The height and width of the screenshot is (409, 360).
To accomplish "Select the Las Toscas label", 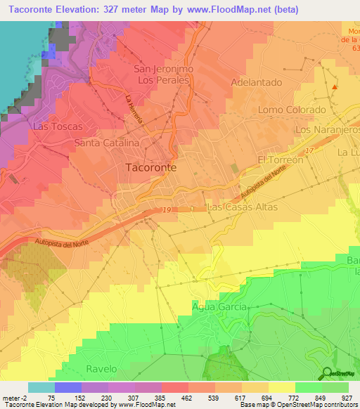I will coord(57,126).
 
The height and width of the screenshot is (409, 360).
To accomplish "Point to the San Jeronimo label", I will coord(163,70).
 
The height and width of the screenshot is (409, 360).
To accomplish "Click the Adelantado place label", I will coord(257,82).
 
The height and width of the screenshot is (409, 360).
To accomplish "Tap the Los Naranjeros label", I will coord(328,131).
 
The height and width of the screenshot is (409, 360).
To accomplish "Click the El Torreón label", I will coord(280,160).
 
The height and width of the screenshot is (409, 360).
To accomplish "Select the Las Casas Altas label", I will coord(243,207).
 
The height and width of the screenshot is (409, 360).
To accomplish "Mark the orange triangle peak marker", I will coord(335,88).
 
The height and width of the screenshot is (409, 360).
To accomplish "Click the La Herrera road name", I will coord(135,110).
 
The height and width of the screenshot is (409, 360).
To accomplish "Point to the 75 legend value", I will coord(52,398).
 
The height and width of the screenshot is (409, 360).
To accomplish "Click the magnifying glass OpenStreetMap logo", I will coord(326,375).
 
